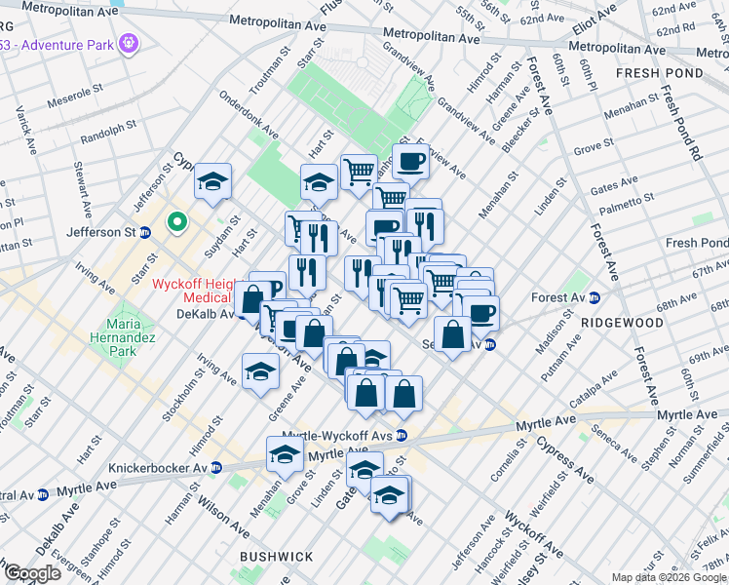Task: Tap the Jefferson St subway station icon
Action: coord(145,232)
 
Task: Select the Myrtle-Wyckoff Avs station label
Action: coord(336,436)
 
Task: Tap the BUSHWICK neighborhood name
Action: coord(277,557)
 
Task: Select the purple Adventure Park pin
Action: coord(129,43)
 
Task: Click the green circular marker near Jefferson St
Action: coord(176,223)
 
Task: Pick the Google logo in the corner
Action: coord(32,573)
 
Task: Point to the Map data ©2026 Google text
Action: coord(669,577)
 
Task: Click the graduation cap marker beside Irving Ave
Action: coord(259,371)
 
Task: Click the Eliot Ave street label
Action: coord(595,18)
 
